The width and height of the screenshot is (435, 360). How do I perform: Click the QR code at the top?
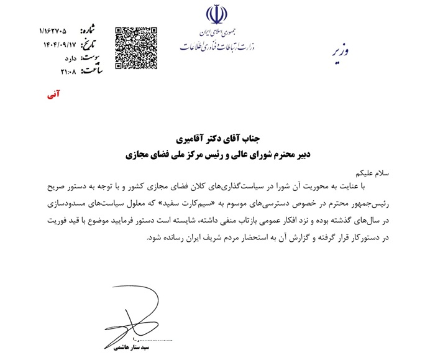[136, 47]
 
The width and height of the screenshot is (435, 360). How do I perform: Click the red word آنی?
[54, 97]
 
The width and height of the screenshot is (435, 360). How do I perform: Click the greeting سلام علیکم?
[370, 172]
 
